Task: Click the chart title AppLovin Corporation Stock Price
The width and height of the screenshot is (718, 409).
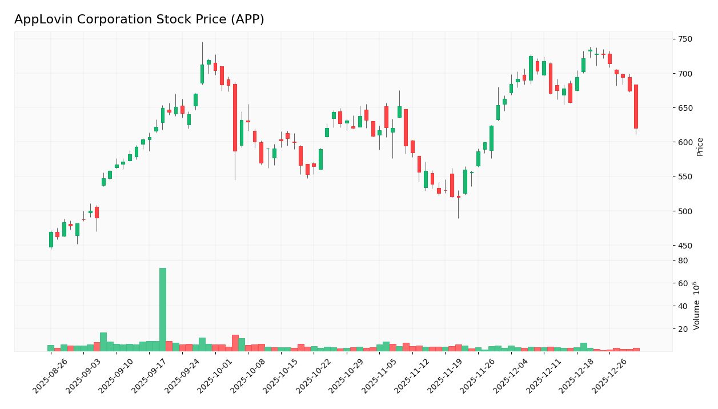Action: pyautogui.click(x=139, y=20)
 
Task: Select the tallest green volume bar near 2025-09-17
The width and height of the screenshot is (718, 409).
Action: pyautogui.click(x=163, y=310)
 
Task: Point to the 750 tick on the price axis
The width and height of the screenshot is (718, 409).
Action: pyautogui.click(x=685, y=39)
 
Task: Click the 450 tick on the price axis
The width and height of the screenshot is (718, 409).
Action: pyautogui.click(x=685, y=246)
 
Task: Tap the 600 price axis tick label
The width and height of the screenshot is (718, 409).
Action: pyautogui.click(x=685, y=142)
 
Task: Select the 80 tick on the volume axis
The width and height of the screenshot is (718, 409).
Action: pyautogui.click(x=683, y=260)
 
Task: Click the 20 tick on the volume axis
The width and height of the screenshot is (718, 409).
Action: pyautogui.click(x=683, y=329)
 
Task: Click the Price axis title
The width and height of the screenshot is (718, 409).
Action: pyautogui.click(x=700, y=146)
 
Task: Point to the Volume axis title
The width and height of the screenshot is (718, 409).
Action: pyautogui.click(x=696, y=306)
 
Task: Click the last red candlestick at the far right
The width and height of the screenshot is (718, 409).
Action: pyautogui.click(x=636, y=106)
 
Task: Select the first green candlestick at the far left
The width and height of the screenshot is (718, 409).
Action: pyautogui.click(x=51, y=239)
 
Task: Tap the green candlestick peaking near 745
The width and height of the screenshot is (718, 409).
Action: pyautogui.click(x=202, y=74)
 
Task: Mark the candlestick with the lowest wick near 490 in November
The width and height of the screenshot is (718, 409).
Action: pyautogui.click(x=458, y=197)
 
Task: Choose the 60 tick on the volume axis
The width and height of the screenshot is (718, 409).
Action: pyautogui.click(x=683, y=283)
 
